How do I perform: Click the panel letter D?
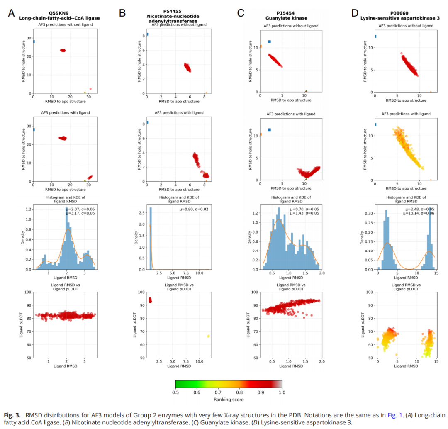coord(355,13)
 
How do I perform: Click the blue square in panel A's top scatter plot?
coord(33,41)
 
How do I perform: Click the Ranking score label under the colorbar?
coord(229,400)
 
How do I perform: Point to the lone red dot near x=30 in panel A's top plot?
coord(90,89)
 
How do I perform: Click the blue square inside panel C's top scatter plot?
coord(269,41)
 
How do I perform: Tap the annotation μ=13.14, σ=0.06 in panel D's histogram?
coord(419,213)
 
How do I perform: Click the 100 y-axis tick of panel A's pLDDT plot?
coord(28,292)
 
